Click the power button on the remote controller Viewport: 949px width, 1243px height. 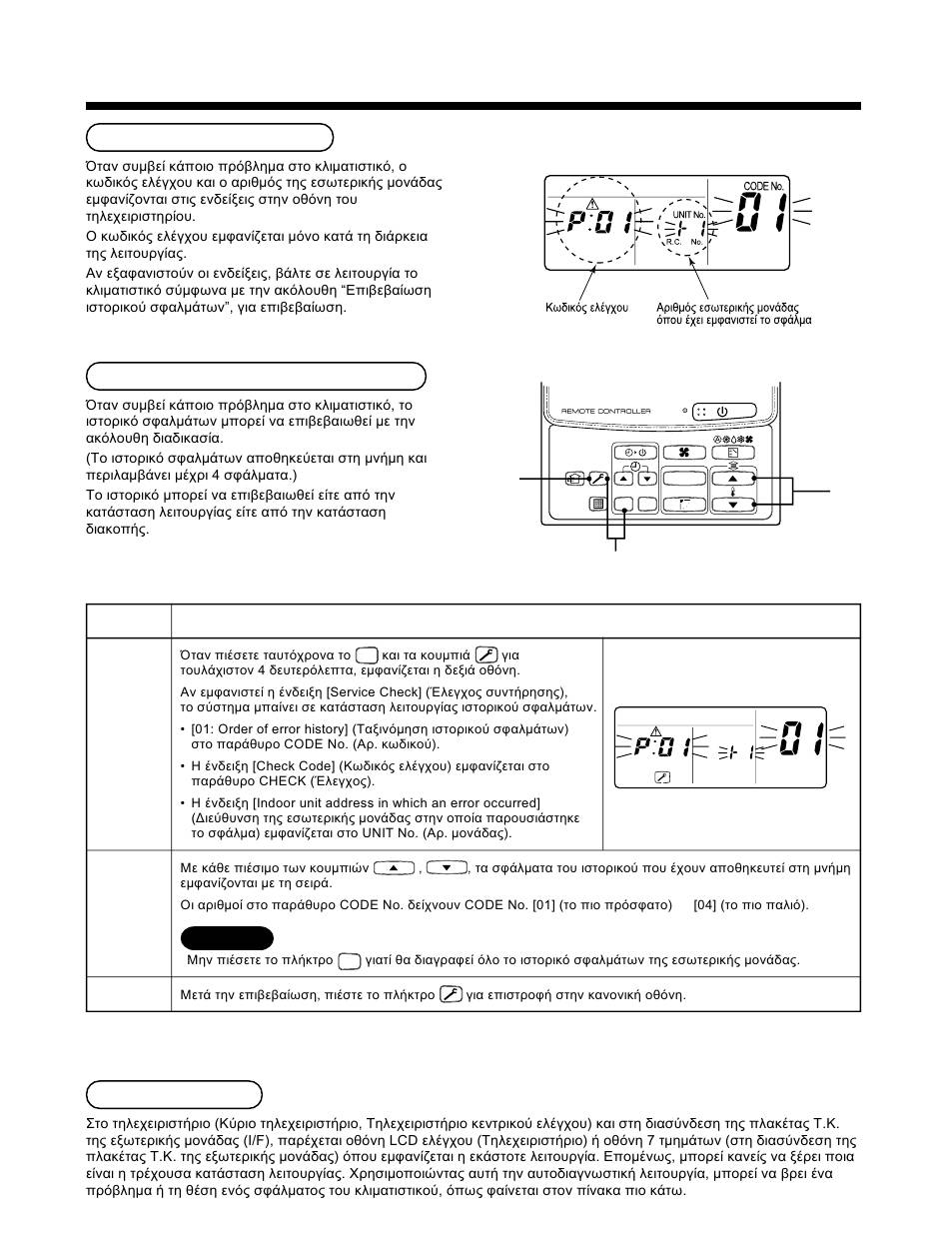721,412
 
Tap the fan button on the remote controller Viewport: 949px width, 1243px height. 684,453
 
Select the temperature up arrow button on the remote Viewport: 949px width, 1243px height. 732,479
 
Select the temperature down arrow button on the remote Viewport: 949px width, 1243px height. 732,506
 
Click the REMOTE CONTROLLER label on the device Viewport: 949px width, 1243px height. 605,412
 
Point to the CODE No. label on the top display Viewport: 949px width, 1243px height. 763,186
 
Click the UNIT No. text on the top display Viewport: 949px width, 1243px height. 689,215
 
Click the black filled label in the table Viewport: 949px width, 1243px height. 227,938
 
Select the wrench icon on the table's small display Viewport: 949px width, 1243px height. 661,776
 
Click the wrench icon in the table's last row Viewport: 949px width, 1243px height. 451,994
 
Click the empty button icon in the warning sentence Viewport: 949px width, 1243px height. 349,961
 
